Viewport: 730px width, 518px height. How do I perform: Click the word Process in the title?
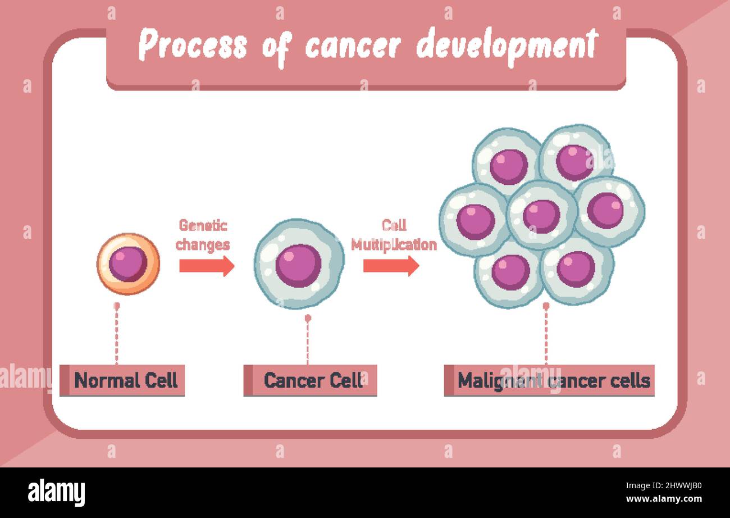coord(193,45)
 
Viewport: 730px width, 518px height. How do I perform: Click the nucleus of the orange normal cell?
coord(128,264)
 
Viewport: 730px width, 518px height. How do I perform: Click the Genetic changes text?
coord(203,235)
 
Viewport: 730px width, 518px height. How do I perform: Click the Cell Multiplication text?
coord(394,235)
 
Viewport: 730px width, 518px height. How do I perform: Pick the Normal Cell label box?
coord(122,380)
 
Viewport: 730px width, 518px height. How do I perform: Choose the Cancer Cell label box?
coord(310,380)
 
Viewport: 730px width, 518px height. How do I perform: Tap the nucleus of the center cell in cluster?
coord(541,216)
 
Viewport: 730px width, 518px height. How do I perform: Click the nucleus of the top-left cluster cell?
coord(508,166)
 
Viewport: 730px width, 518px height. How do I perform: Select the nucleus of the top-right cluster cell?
coord(574,162)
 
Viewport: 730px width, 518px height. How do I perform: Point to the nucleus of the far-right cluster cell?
coord(605,211)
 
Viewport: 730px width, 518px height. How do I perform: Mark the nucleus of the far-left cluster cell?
coord(475,221)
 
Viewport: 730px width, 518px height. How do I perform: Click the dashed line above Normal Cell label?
coord(117,334)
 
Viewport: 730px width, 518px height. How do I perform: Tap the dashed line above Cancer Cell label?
coord(308,342)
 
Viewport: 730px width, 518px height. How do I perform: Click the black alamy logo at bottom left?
coord(57,493)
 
